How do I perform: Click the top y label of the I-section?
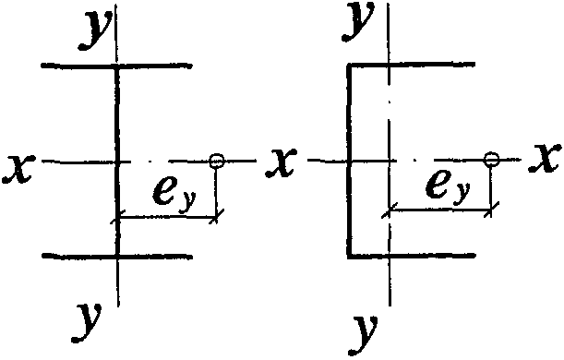coord(94,30)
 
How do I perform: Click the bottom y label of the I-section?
coord(88,322)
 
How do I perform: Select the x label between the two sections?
coord(281,162)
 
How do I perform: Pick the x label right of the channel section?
coord(545,158)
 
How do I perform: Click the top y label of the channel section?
coord(358,20)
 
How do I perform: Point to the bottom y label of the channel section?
coord(364,334)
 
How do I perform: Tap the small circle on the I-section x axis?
coord(217,161)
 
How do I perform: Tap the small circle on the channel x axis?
coord(491,159)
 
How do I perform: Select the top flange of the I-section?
coord(116,66)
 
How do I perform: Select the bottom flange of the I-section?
coord(117,256)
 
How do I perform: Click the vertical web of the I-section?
coord(117,162)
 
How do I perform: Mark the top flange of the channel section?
coord(411,65)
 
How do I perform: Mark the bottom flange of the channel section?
coord(412,256)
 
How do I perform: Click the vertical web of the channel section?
coord(349,161)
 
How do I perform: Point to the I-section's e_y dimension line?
coord(167,217)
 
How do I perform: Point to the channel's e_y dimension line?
coord(440,209)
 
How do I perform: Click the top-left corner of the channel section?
coord(348,64)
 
